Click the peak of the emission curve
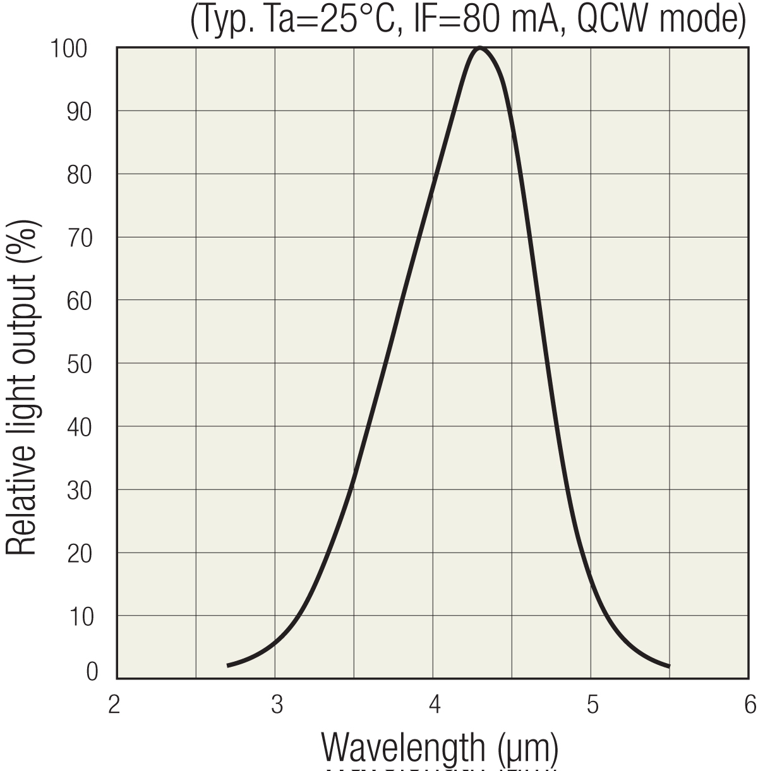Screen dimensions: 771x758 click(480, 48)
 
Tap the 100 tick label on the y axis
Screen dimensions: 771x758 click(70, 49)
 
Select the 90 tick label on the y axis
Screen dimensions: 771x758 click(79, 112)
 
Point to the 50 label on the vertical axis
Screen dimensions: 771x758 click(79, 364)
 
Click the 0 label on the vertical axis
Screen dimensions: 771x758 click(92, 672)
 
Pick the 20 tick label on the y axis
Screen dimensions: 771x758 click(79, 554)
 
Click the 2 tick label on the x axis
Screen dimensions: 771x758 click(114, 704)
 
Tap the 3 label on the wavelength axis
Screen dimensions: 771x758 click(276, 704)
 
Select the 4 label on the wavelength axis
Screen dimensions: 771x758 click(434, 704)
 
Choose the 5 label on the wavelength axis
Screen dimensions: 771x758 click(592, 704)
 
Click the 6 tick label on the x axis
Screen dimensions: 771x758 click(750, 704)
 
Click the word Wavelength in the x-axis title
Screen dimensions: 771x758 click(404, 748)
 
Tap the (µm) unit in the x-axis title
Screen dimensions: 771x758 click(527, 748)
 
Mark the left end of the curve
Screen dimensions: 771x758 click(228, 666)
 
